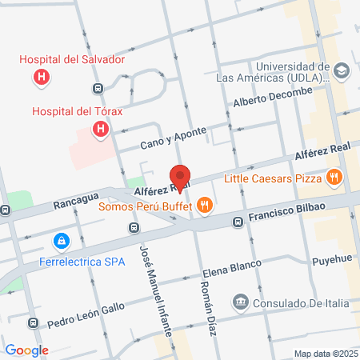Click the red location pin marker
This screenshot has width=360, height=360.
pyautogui.click(x=180, y=178)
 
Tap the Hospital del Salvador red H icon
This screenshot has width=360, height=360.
pyautogui.click(x=40, y=78)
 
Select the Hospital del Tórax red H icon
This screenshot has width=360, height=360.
pyautogui.click(x=100, y=129)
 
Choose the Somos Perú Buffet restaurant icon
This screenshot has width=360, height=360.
pyautogui.click(x=205, y=206)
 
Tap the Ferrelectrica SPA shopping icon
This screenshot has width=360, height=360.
pyautogui.click(x=61, y=240)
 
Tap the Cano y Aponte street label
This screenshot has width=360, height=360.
pyautogui.click(x=173, y=138)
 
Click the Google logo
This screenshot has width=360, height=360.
pyautogui.click(x=27, y=350)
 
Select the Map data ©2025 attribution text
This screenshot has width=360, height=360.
pyautogui.click(x=324, y=354)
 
